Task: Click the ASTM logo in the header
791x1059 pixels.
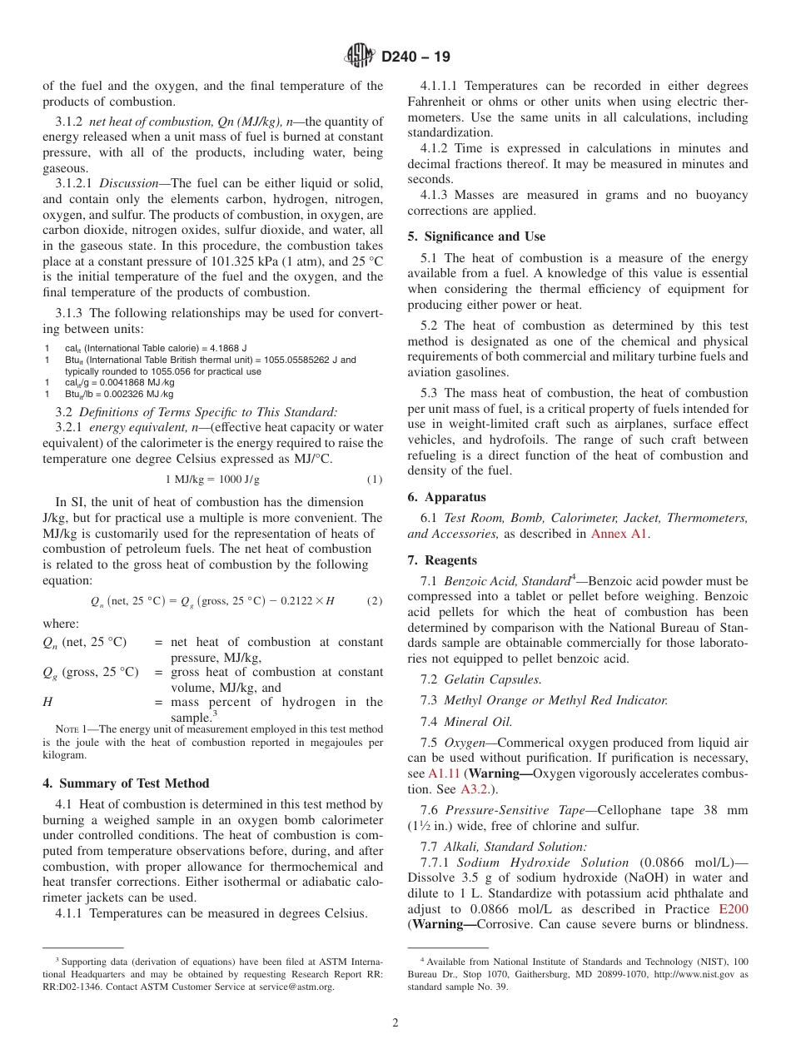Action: [x=360, y=57]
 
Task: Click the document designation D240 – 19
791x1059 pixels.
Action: [x=415, y=57]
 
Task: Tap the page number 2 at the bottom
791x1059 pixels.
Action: [x=395, y=1023]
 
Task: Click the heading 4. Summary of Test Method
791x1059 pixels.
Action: [x=126, y=783]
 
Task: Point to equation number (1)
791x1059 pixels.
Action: [x=375, y=480]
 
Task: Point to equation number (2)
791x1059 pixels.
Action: [x=375, y=601]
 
